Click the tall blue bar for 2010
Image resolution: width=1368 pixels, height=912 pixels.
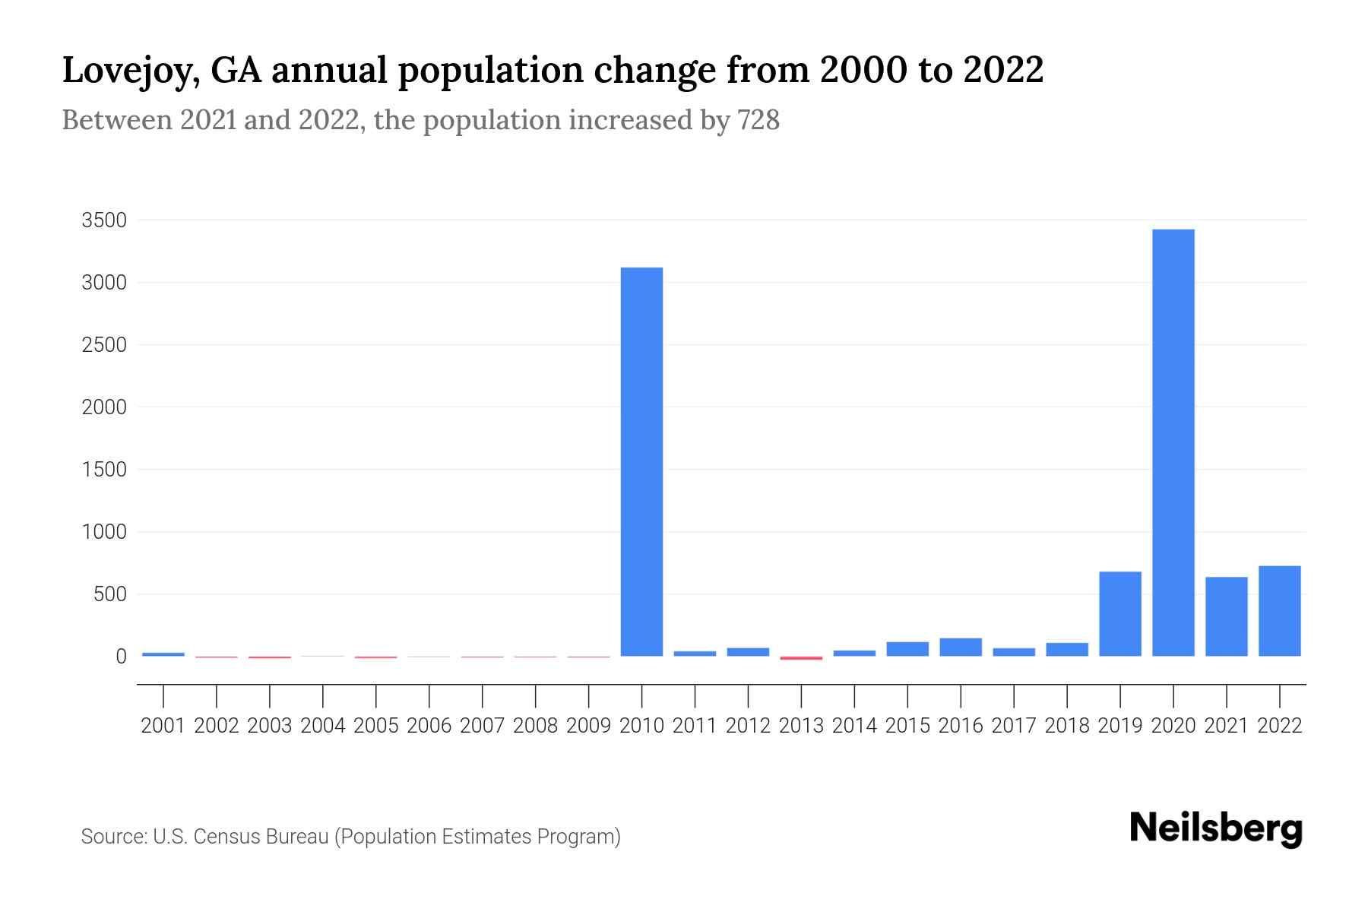click(641, 461)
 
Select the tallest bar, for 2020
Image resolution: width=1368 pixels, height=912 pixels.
click(1173, 442)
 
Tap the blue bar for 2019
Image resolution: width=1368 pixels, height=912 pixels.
click(1119, 613)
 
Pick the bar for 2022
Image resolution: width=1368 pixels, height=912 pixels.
click(1279, 610)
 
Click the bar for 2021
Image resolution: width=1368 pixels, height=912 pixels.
click(1226, 616)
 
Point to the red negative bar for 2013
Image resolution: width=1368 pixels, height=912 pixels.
click(801, 658)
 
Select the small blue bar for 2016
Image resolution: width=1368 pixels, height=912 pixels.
click(961, 647)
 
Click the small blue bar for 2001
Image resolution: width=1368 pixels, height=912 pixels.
click(163, 654)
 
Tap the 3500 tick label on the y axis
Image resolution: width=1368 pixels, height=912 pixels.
click(104, 221)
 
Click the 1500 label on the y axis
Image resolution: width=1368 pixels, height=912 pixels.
click(104, 470)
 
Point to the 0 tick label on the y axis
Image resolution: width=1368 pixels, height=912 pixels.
click(121, 657)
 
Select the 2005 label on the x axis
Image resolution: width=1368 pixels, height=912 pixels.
click(376, 726)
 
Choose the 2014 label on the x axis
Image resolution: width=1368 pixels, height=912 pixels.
click(854, 726)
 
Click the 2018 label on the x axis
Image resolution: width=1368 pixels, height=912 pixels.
click(1066, 726)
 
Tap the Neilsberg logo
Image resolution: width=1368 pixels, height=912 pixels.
click(1215, 828)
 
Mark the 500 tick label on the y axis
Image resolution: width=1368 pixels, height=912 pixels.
click(109, 594)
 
